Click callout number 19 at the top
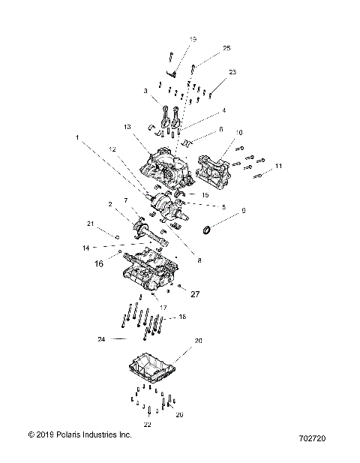[x=193, y=39]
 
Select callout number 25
[x=226, y=48]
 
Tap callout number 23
[x=232, y=72]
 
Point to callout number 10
[x=240, y=133]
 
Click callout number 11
[x=279, y=165]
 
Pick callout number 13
[x=128, y=127]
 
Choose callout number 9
[x=243, y=212]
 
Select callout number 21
[x=90, y=224]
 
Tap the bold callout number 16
[x=98, y=264]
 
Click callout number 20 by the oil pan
[x=199, y=341]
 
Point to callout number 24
[x=101, y=339]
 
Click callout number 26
[x=178, y=413]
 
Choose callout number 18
[x=182, y=317]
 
